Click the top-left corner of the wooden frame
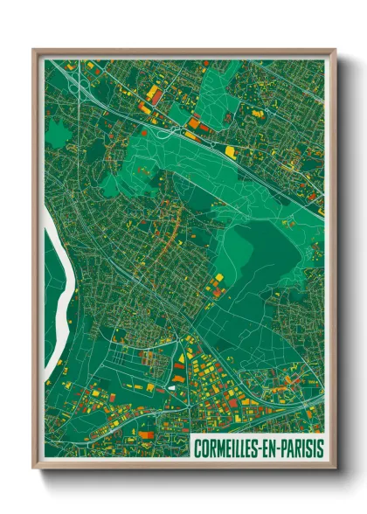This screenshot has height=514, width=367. coord(33,49)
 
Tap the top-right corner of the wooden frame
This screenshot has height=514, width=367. coord(336,49)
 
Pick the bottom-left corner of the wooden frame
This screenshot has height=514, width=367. coord(33,470)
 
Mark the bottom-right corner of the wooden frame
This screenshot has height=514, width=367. coord(336,470)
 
